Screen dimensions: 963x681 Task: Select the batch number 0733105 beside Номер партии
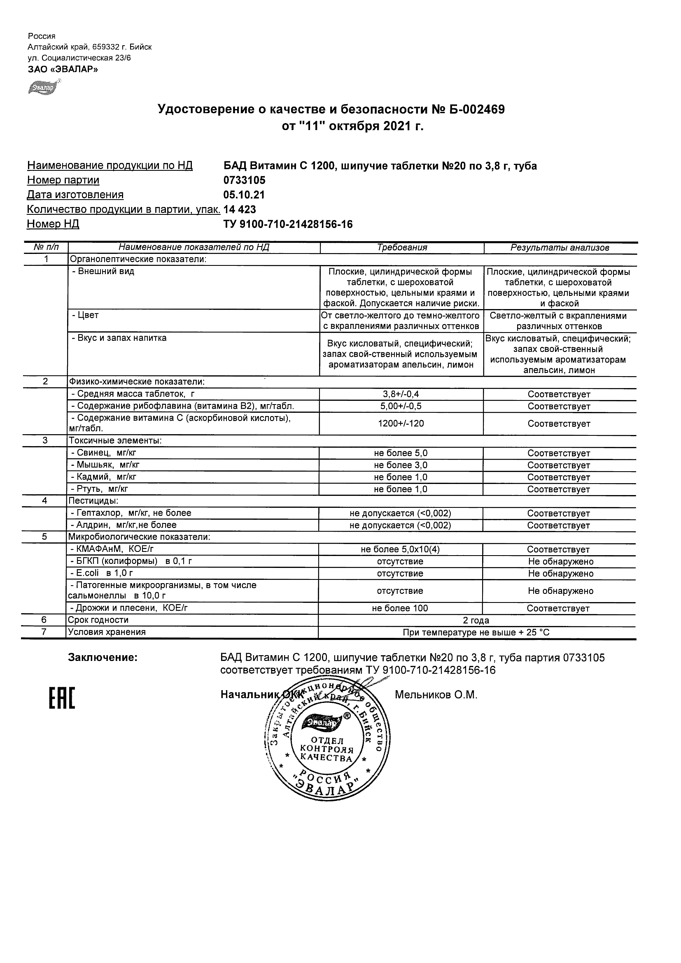point(244,180)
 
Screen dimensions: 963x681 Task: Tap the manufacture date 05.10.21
point(244,195)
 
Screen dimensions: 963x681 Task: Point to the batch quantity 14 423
point(240,209)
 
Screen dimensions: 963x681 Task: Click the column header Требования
point(401,247)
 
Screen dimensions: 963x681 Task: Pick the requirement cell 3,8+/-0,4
point(401,394)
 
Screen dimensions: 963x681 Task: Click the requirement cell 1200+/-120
point(401,423)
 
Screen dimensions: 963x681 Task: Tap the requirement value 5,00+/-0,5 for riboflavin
point(401,407)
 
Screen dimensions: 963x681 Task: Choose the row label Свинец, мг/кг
point(103,453)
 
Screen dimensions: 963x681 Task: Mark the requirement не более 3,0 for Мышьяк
point(401,465)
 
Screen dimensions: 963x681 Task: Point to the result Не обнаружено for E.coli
point(560,573)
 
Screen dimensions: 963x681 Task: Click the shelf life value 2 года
point(476,620)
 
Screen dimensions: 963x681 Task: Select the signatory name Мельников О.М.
point(436,695)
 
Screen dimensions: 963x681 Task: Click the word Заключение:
point(103,658)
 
